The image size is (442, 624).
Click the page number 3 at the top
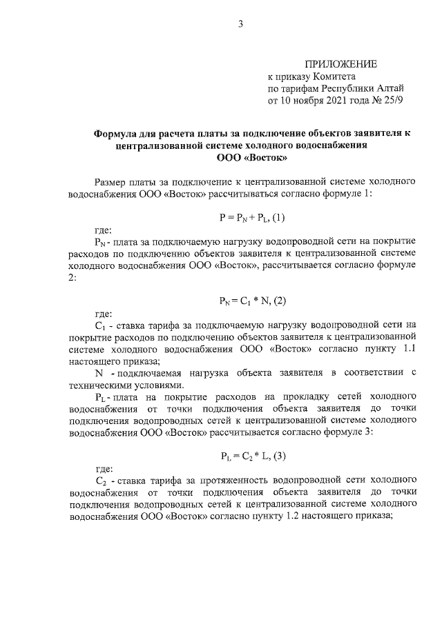coord(240,25)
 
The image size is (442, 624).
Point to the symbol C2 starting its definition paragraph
coord(99,479)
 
